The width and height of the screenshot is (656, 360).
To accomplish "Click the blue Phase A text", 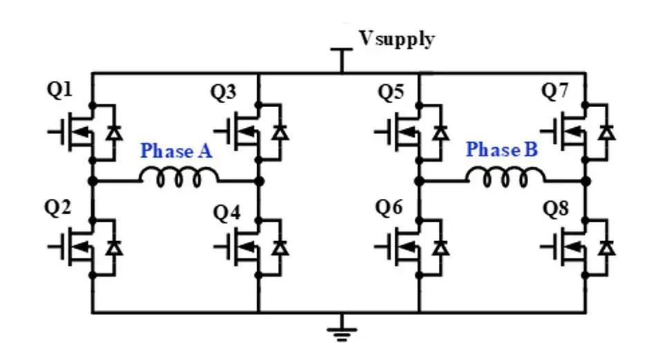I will point(176,151).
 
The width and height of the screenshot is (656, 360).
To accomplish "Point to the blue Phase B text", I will point(501,149).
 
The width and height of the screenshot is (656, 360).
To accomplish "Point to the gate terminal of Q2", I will point(54,247).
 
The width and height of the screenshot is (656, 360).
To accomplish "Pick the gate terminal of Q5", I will point(379,131).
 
